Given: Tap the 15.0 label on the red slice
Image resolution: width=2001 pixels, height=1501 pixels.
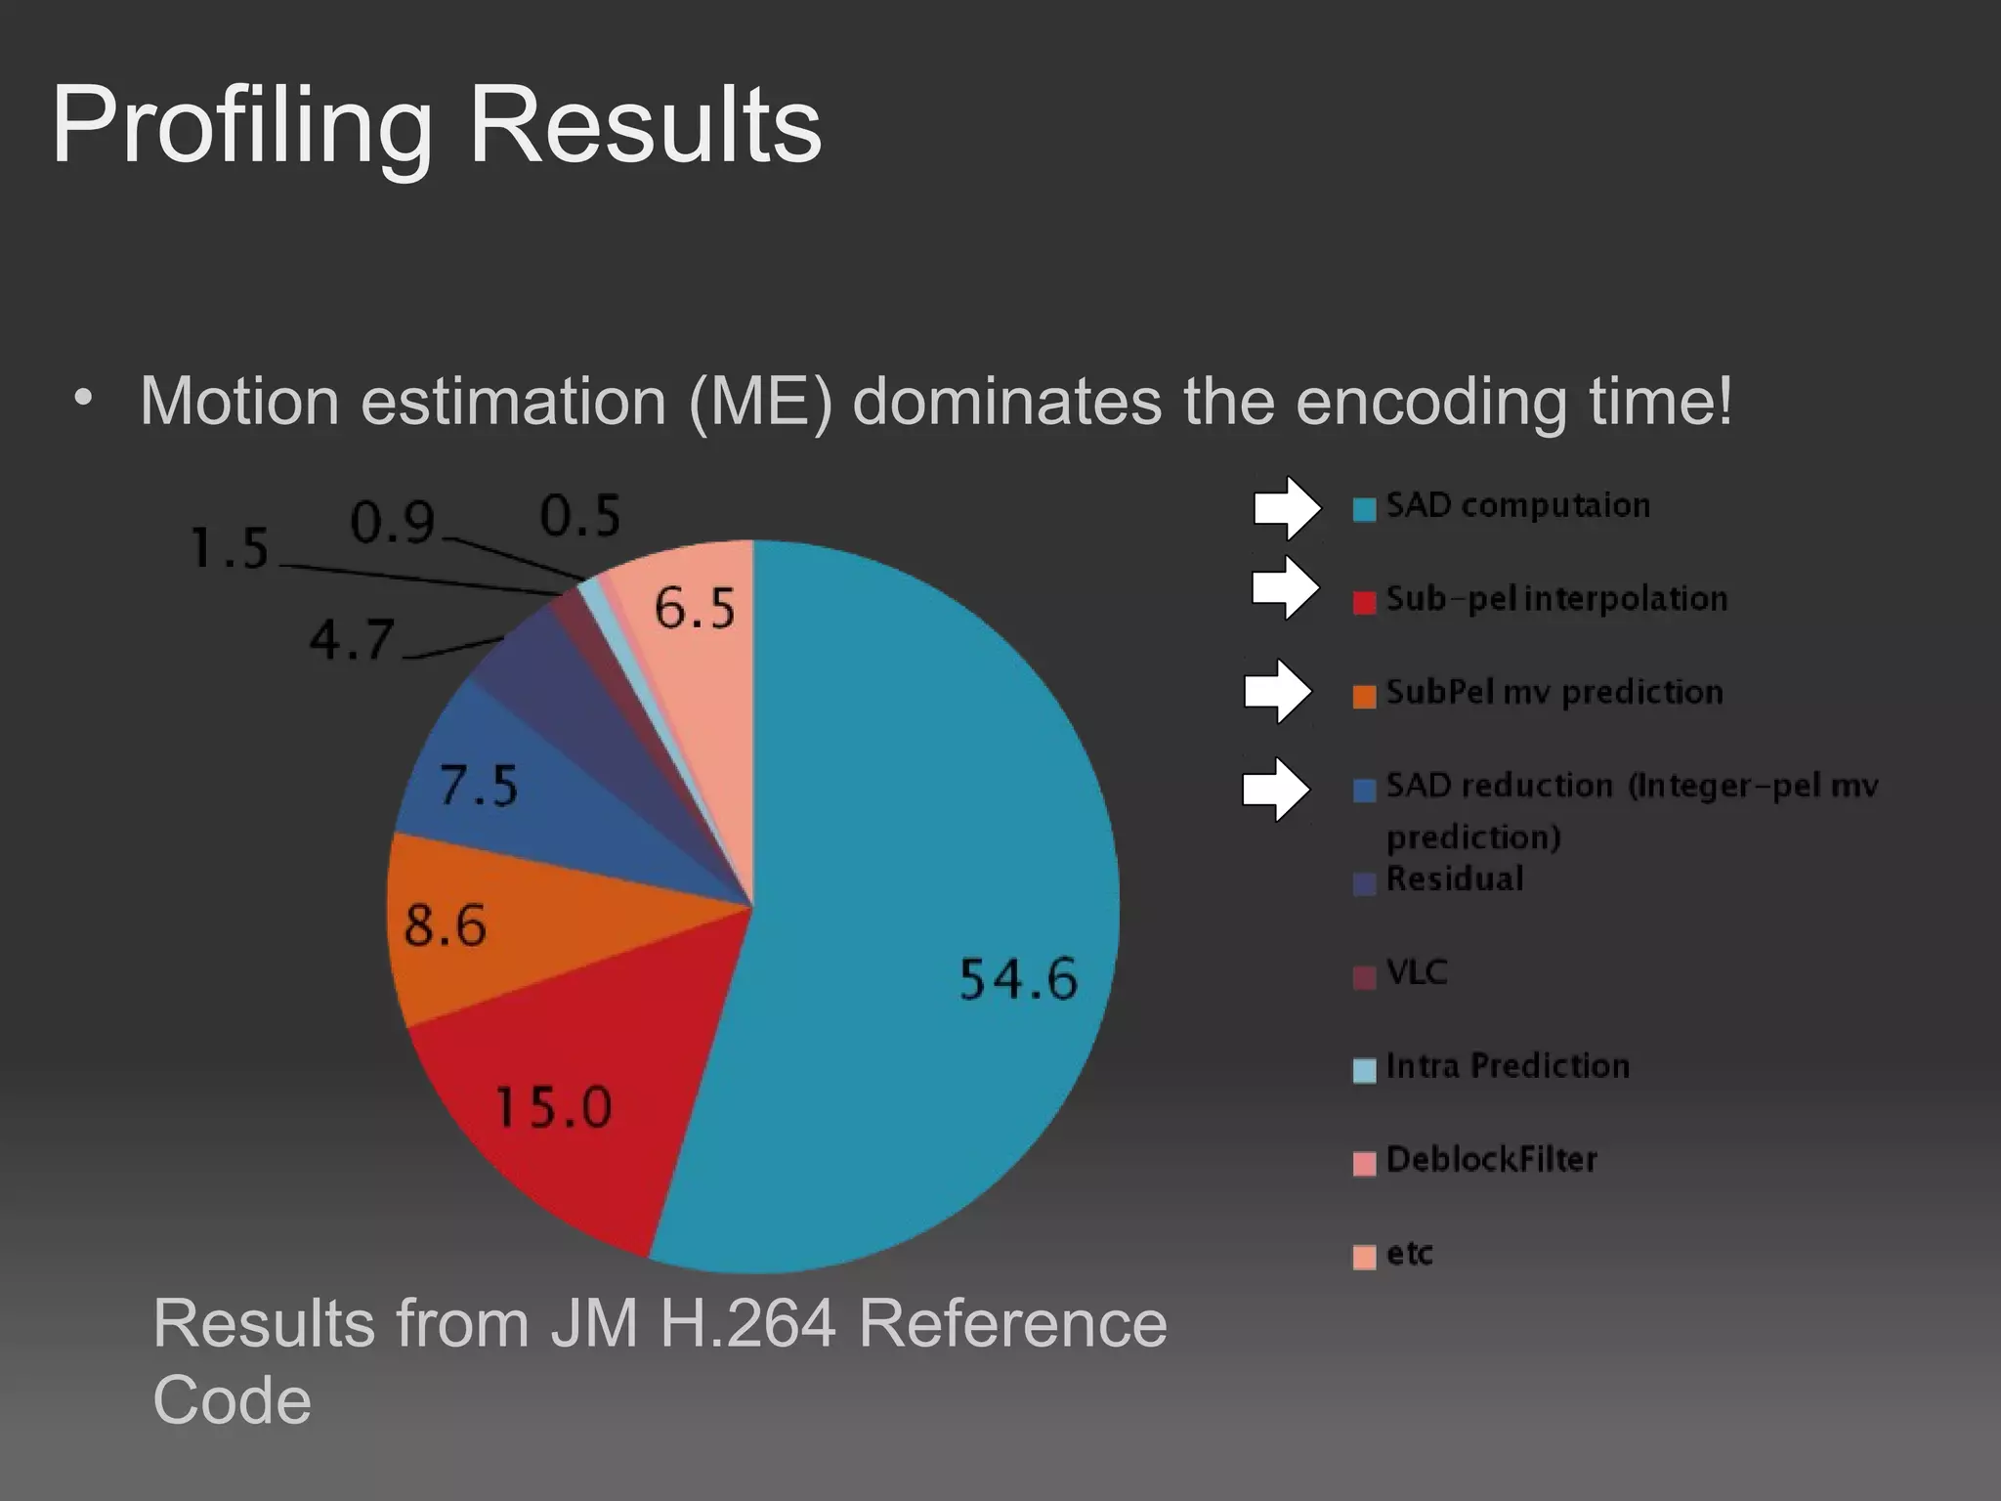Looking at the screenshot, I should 554,1107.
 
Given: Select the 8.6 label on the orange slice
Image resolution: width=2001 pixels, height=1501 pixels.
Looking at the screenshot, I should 445,924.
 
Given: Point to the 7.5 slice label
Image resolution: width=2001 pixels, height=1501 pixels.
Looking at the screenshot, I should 479,785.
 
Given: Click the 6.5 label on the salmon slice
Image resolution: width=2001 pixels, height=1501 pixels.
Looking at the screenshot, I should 695,609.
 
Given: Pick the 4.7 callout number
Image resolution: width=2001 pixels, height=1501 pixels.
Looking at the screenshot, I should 352,640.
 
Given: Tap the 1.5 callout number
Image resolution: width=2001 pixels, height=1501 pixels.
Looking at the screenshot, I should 230,547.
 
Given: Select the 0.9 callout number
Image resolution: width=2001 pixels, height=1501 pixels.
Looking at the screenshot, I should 393,523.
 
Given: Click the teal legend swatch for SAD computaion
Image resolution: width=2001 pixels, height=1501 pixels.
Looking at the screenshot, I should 1364,509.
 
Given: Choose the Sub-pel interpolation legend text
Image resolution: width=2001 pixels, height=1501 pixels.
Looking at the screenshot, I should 1556,598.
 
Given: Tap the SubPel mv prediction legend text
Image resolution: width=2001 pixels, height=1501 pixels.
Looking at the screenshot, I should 1554,692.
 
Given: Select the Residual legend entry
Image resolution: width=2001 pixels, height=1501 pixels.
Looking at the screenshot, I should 1455,879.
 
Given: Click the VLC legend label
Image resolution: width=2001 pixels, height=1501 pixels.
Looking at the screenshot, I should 1417,972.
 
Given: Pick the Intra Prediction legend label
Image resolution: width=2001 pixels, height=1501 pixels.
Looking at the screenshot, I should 1508,1065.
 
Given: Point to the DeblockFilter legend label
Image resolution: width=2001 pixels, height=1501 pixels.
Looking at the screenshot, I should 1491,1159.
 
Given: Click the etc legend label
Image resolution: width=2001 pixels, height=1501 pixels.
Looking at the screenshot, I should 1410,1253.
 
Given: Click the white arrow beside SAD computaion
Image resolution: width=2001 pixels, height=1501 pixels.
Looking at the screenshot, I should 1287,508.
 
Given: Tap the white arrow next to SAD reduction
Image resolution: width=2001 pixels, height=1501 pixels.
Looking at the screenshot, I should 1275,789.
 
